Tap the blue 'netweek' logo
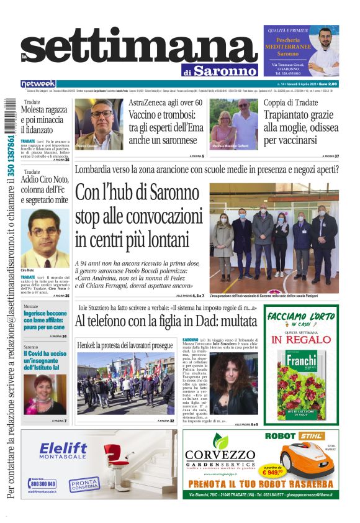pos(38,84)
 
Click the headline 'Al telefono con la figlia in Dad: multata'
pos(166,322)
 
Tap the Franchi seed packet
pos(301,384)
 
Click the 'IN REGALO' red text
pos(301,340)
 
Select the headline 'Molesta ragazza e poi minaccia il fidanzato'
pos(44,120)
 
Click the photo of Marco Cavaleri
pos(99,125)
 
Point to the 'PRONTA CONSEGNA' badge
pos(83,483)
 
